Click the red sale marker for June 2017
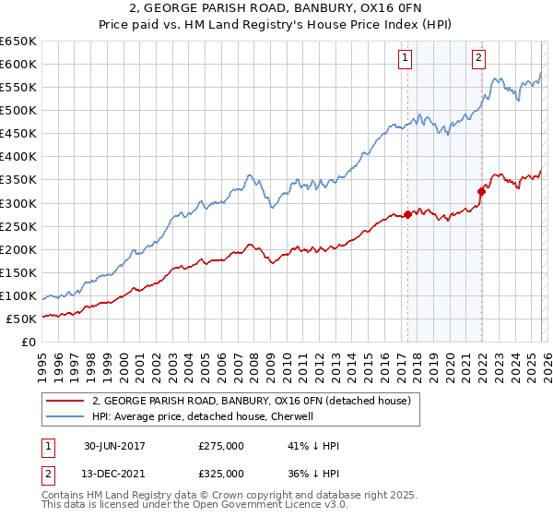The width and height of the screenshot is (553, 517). [407, 215]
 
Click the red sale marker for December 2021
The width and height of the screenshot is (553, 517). [480, 192]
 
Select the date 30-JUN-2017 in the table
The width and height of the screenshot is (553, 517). [116, 446]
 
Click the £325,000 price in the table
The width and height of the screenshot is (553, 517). [221, 474]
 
